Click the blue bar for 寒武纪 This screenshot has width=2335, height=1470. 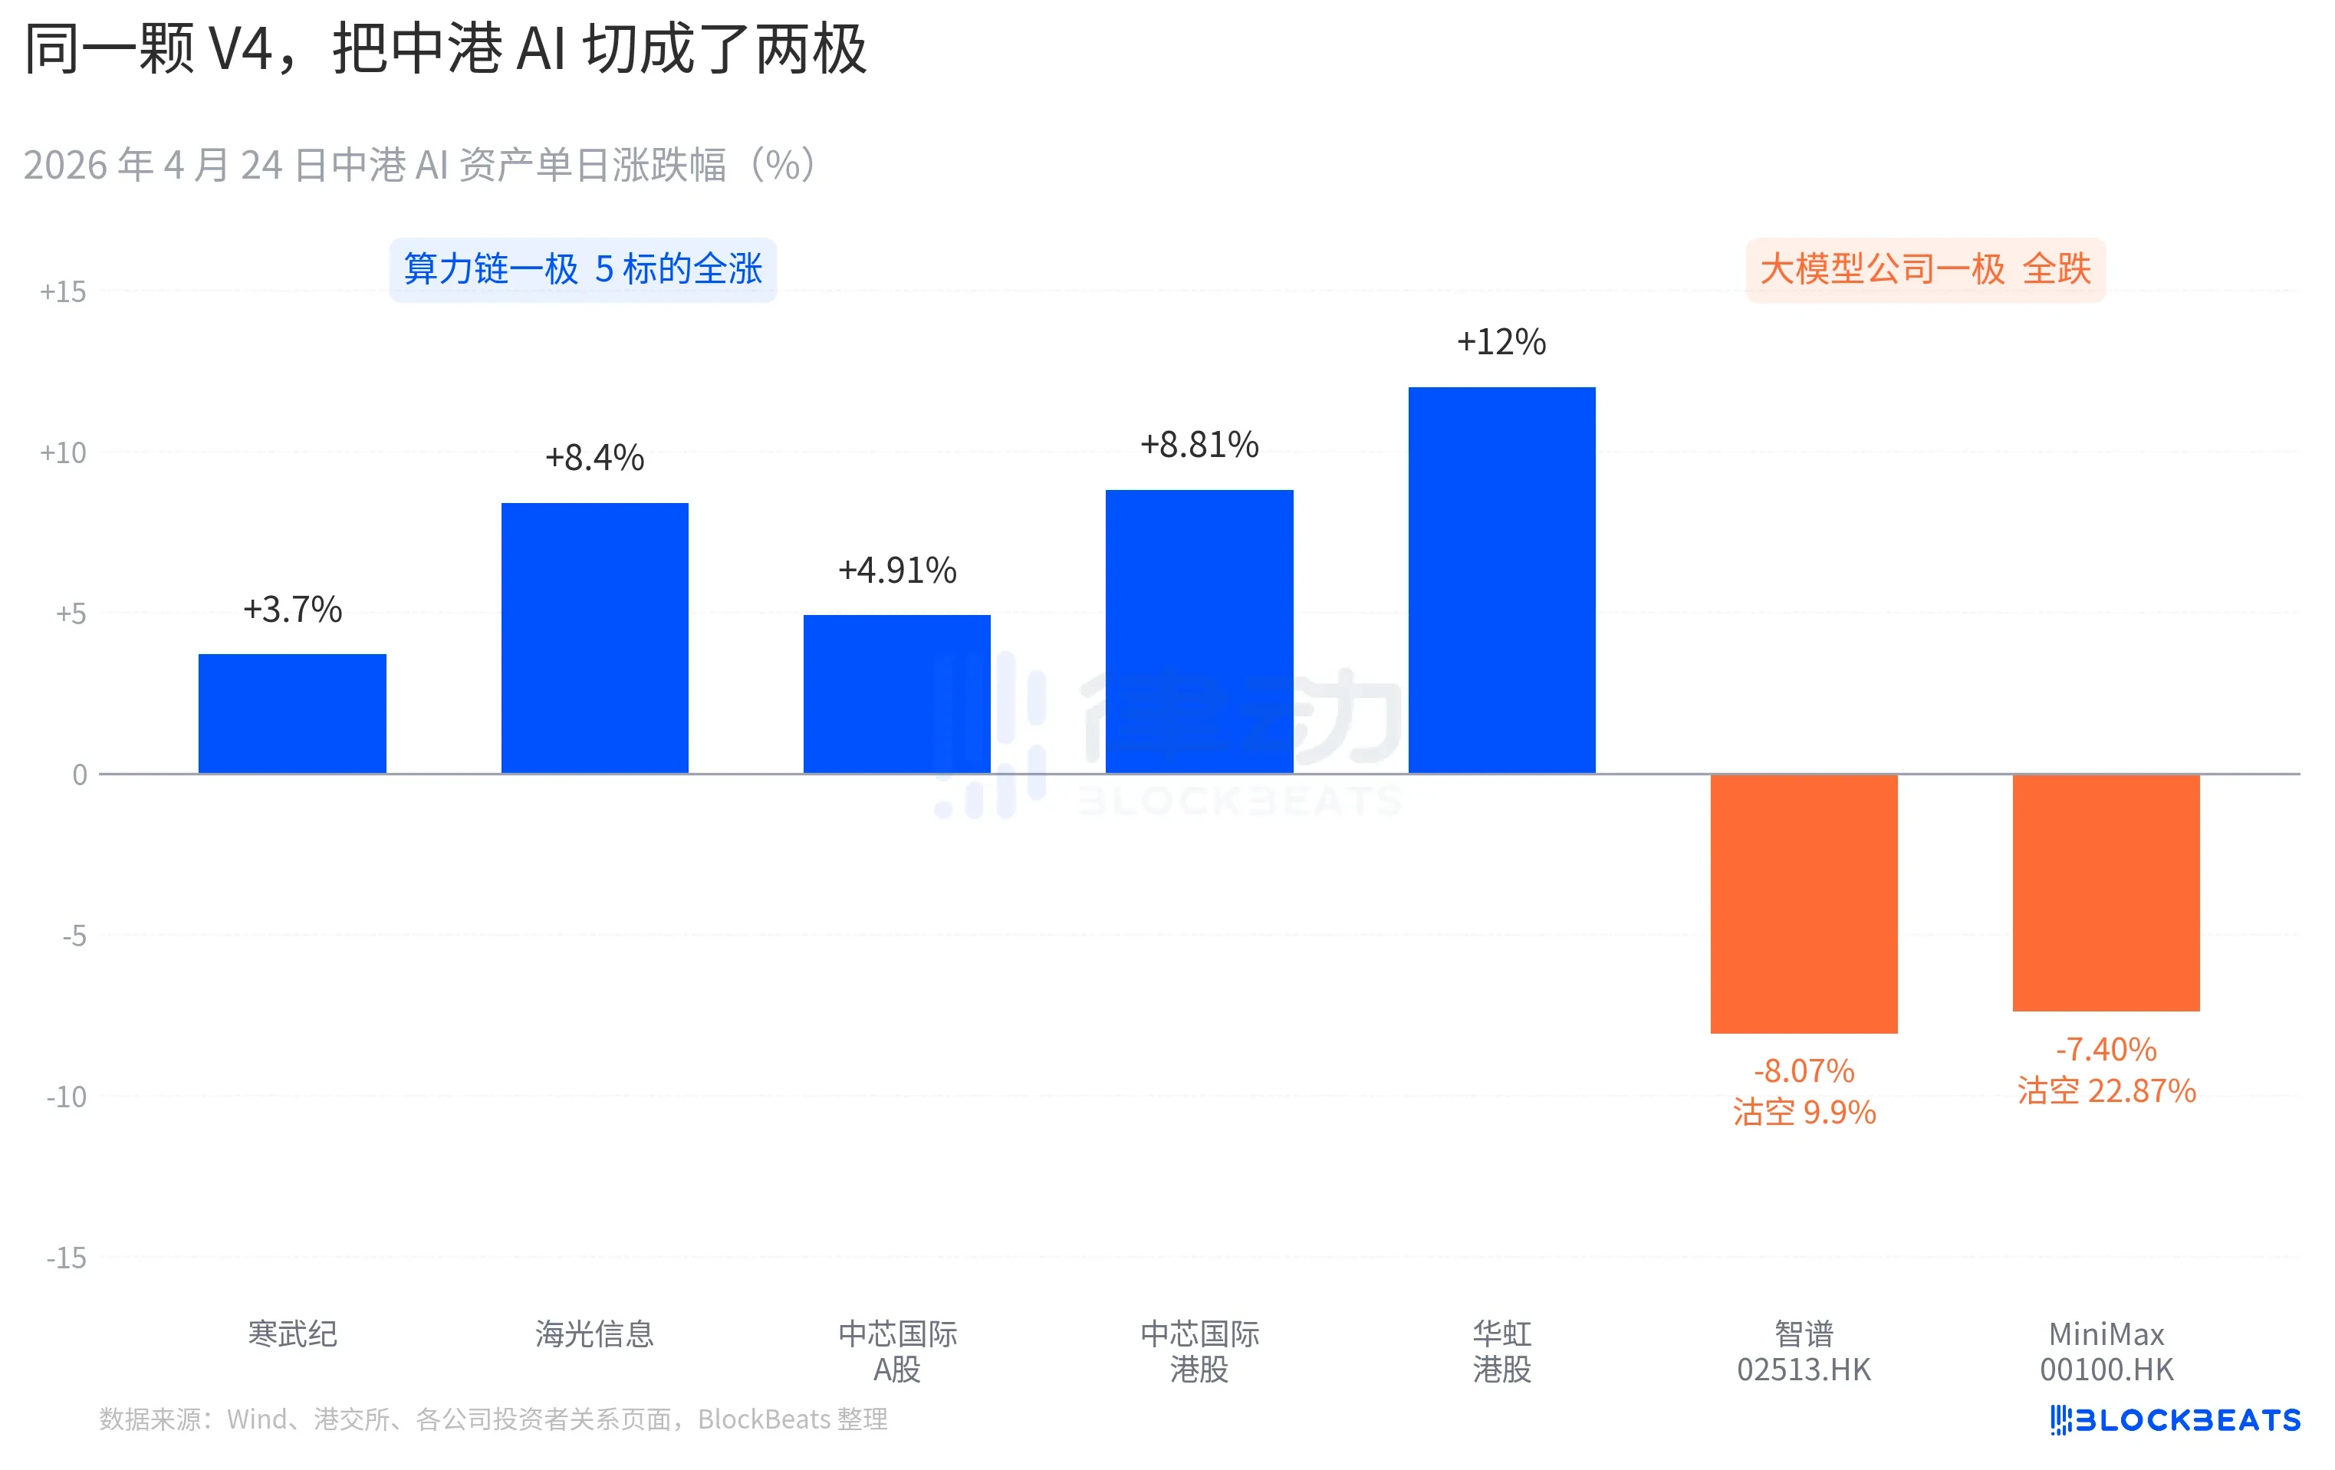point(292,714)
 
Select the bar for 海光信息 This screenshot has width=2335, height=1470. point(594,637)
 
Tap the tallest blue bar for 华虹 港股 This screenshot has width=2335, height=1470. point(1501,580)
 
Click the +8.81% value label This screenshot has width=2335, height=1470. point(1199,445)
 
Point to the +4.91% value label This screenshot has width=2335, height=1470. point(897,571)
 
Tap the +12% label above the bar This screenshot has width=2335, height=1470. point(1501,342)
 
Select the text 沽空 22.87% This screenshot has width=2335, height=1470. point(2106,1091)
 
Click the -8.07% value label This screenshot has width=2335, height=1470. point(1804,1070)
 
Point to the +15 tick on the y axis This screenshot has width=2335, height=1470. point(63,292)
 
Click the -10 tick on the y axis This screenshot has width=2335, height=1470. point(66,1097)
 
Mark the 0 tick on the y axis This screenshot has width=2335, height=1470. point(80,774)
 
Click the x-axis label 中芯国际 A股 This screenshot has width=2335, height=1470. point(897,1350)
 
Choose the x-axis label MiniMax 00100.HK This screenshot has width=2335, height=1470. point(2106,1350)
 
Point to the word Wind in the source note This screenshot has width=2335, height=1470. point(256,1419)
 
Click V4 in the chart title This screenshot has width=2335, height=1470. point(241,48)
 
